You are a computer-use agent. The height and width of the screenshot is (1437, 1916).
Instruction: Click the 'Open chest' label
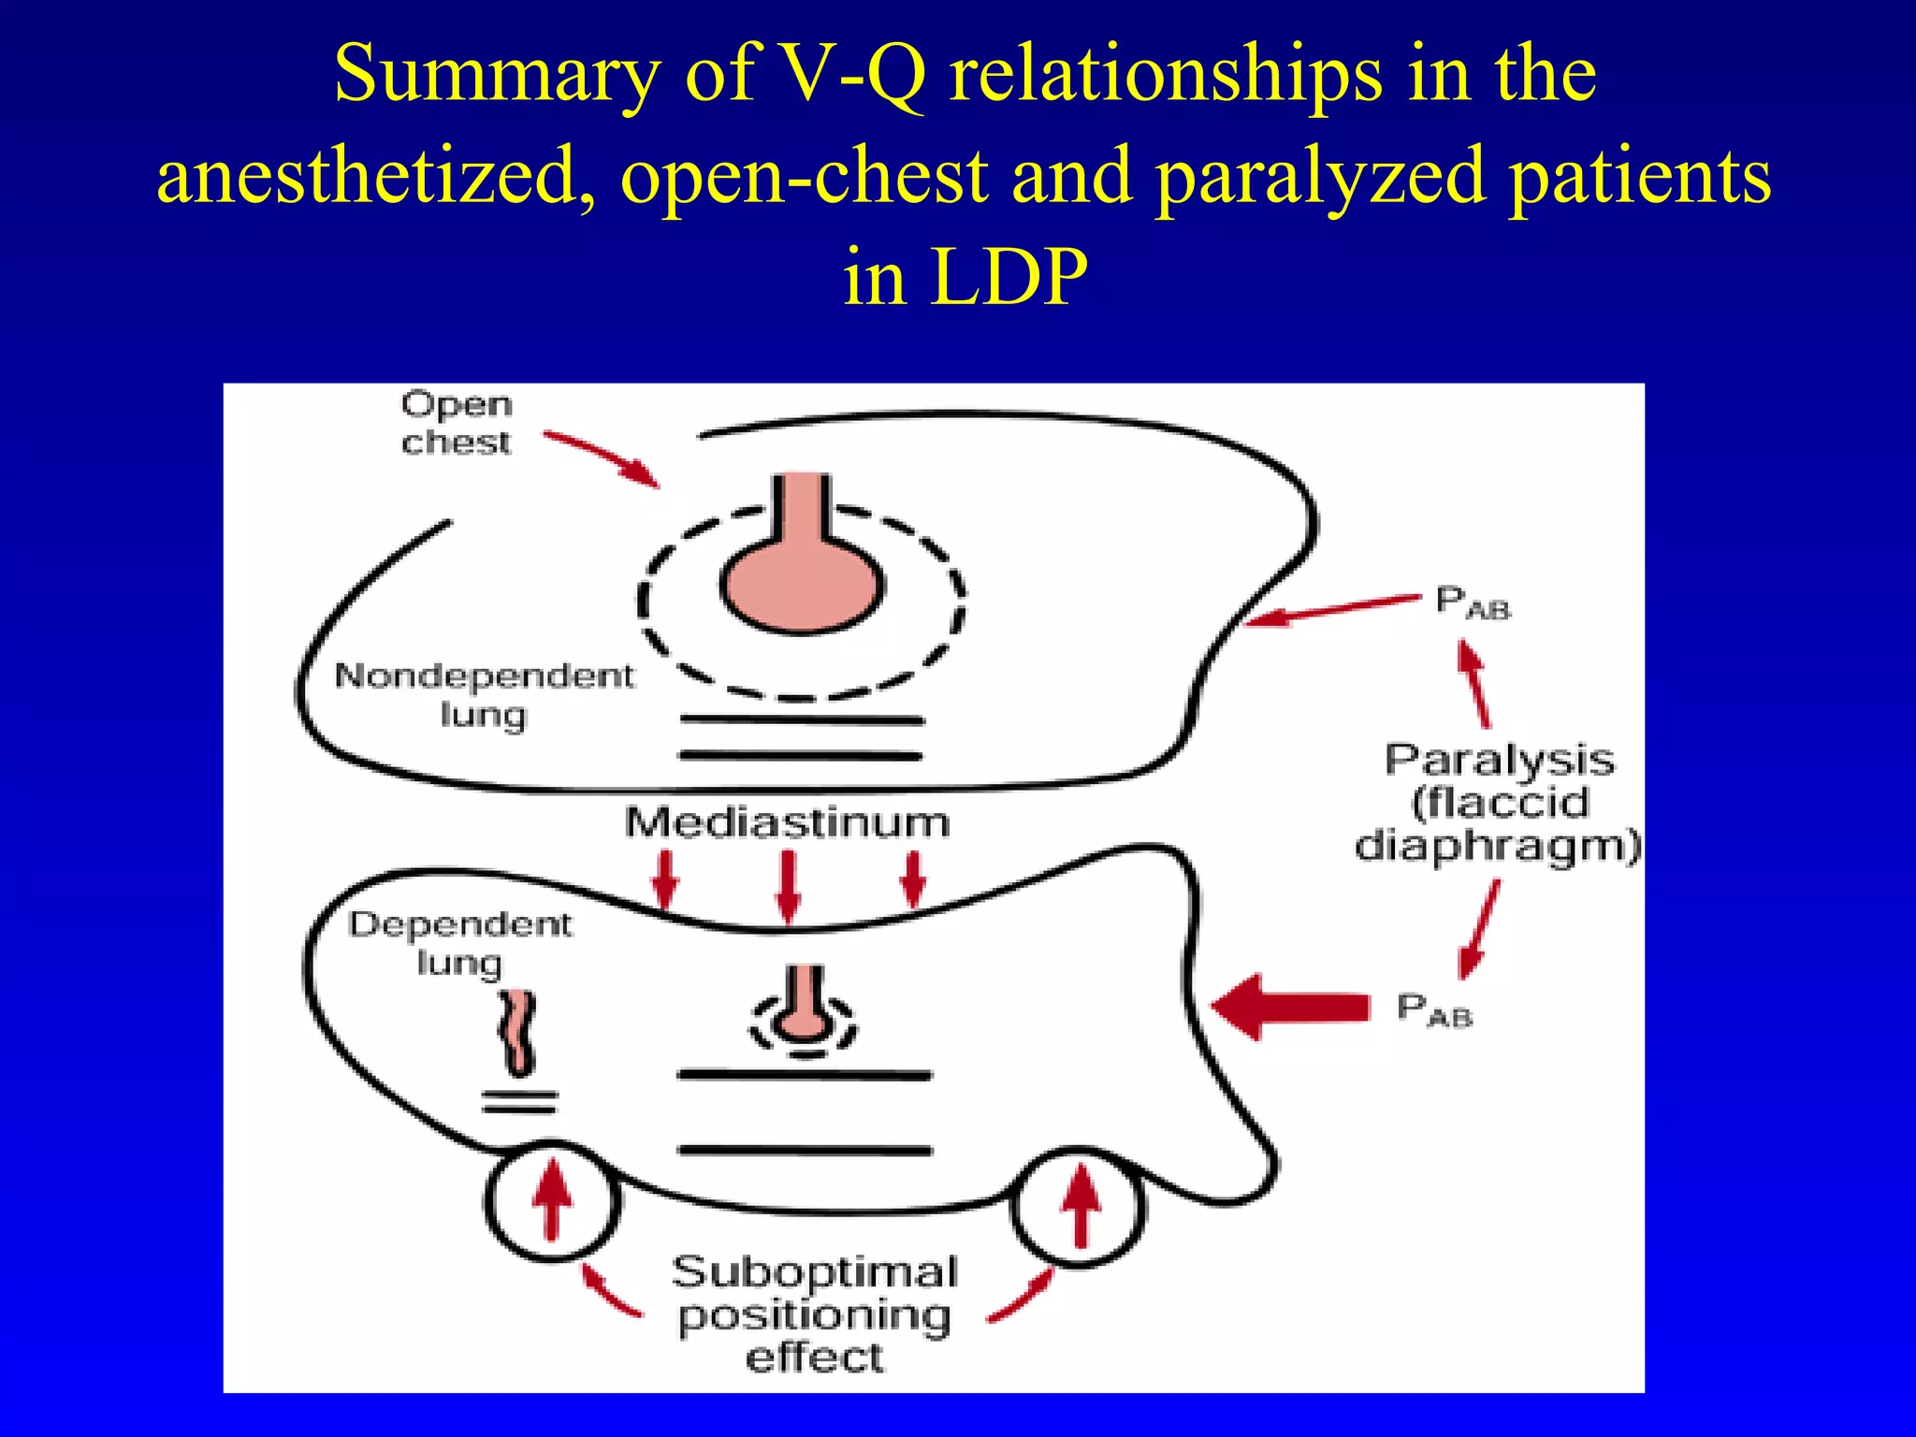point(457,423)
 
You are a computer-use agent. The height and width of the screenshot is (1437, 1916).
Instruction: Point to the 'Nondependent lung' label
point(484,694)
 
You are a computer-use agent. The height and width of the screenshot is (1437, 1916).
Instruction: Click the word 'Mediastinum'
point(787,823)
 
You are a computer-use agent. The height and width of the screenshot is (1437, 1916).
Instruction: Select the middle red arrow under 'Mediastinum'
point(789,885)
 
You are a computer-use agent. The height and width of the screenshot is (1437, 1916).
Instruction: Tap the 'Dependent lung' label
point(459,942)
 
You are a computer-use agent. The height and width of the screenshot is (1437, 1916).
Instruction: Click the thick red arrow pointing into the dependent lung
point(1291,1007)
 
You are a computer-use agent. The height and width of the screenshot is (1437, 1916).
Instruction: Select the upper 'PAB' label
point(1472,602)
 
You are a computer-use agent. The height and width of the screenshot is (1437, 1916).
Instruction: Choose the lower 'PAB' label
point(1433,1010)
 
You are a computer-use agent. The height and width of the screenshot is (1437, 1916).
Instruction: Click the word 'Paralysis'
point(1499,760)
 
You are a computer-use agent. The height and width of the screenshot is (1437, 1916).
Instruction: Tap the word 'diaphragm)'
point(1497,846)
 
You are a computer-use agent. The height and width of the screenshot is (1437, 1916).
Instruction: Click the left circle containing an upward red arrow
point(552,1201)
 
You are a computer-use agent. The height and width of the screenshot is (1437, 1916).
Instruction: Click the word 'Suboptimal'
point(814,1272)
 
